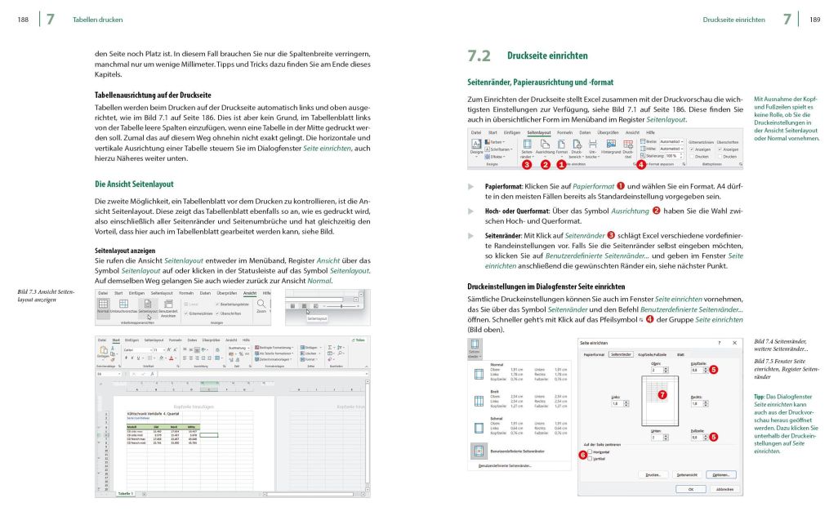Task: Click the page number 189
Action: click(814, 19)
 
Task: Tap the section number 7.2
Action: click(479, 56)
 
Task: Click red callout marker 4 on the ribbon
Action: click(641, 165)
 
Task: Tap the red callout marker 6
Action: click(582, 455)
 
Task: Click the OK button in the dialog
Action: click(691, 489)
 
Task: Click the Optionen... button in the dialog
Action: click(720, 473)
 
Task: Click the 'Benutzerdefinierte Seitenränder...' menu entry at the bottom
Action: click(505, 465)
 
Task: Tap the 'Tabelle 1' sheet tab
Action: click(125, 494)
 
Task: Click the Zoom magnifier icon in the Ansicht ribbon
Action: click(261, 304)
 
